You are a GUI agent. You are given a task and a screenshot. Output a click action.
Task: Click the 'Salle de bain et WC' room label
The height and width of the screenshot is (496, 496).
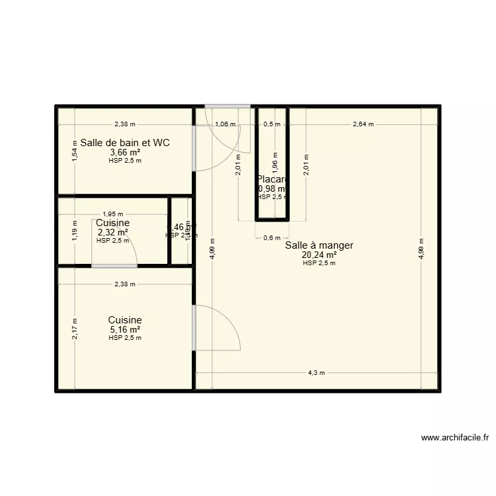[125, 142]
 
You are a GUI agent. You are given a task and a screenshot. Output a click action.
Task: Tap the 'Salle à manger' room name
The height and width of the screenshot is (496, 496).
[319, 245]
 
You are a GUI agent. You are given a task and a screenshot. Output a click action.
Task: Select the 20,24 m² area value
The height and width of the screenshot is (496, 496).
[319, 255]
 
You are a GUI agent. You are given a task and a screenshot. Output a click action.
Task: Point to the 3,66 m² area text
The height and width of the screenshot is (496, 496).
[125, 152]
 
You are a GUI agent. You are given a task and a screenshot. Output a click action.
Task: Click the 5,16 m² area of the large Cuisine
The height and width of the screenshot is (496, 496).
[125, 329]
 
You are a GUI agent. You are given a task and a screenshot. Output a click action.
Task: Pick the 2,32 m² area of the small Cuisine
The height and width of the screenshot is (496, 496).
[112, 233]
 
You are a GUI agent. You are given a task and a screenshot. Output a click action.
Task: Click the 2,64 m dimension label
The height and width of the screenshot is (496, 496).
[362, 124]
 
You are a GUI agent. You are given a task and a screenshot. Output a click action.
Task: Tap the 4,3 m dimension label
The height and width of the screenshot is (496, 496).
[317, 373]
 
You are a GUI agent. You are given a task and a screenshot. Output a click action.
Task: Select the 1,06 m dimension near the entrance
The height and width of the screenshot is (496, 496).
[226, 124]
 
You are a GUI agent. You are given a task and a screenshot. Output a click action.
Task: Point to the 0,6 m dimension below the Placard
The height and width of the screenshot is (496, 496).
[272, 238]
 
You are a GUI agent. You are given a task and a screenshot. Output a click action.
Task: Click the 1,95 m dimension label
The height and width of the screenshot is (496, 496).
[112, 214]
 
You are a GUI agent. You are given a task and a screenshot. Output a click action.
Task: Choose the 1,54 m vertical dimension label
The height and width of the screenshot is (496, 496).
[75, 154]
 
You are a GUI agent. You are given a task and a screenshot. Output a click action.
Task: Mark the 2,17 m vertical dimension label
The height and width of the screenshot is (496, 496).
[75, 329]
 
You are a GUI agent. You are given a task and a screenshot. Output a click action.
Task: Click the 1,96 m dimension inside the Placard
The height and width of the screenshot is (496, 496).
[275, 161]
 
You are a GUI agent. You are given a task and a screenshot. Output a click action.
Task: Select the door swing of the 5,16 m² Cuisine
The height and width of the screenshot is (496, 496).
[218, 327]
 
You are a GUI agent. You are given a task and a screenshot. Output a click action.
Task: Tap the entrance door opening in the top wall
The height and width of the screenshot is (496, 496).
[227, 106]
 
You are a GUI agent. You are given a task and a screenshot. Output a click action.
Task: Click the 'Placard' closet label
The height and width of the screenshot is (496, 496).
[272, 179]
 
